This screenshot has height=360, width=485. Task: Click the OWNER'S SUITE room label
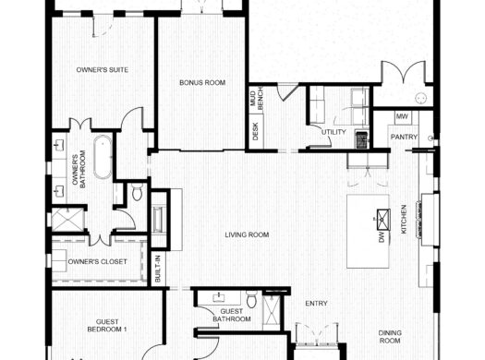coord(102,70)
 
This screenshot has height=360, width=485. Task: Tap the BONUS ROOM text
coord(202,83)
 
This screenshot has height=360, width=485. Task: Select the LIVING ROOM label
coord(247,235)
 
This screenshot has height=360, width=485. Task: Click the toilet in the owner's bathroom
coord(136,191)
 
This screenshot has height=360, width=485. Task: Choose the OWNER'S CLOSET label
coord(98,261)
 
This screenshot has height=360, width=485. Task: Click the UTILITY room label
coord(333,132)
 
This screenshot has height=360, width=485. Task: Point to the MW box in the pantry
coord(402,117)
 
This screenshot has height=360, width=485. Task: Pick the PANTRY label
coord(405,138)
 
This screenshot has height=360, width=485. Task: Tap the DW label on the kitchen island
coord(381,237)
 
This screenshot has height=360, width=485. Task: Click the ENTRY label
coord(316,302)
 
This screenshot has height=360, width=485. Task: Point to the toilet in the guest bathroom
coord(250,299)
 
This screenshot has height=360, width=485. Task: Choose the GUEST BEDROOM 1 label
coord(106,325)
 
